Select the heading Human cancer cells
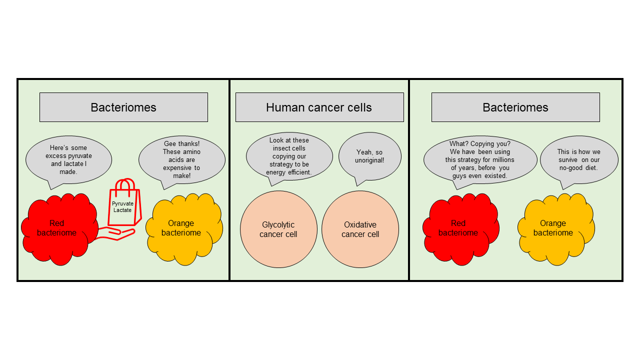(319, 107)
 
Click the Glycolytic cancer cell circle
(278, 229)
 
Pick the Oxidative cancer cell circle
(360, 229)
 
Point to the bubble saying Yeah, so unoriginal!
(370, 156)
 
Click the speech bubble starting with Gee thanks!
(181, 160)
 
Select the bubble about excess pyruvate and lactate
(68, 160)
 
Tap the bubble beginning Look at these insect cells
(289, 156)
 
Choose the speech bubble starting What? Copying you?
(480, 159)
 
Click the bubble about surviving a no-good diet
(578, 159)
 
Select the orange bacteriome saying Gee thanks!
(182, 229)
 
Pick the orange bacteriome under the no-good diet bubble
(555, 228)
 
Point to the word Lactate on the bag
(122, 210)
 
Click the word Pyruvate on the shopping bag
(122, 204)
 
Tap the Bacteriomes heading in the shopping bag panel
(123, 107)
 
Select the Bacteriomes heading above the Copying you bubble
(515, 107)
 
